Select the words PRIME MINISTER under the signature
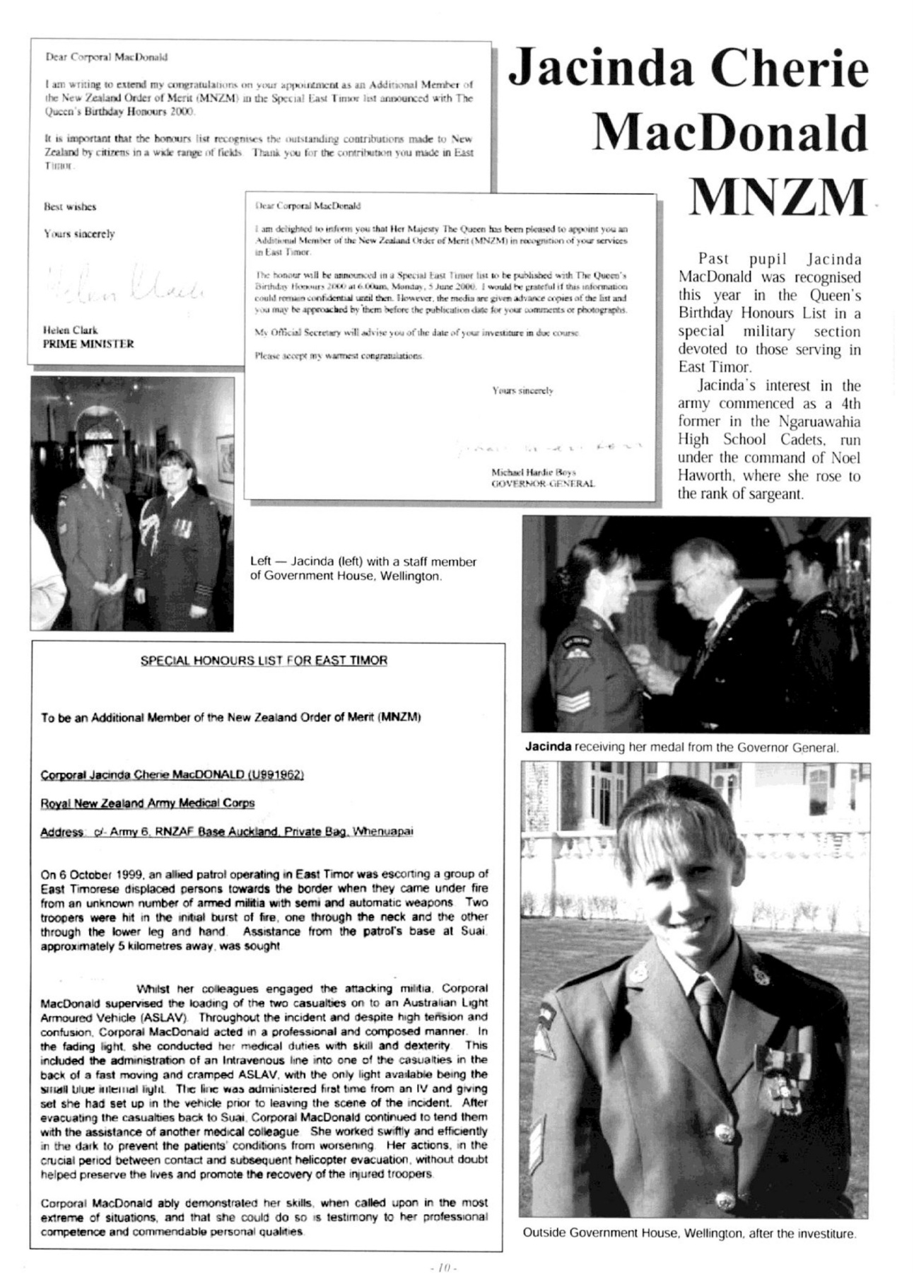coord(88,344)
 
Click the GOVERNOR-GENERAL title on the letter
coord(542,484)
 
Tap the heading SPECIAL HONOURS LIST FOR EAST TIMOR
coord(264,661)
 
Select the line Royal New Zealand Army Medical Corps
coord(148,803)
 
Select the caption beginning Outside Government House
coord(689,1233)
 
